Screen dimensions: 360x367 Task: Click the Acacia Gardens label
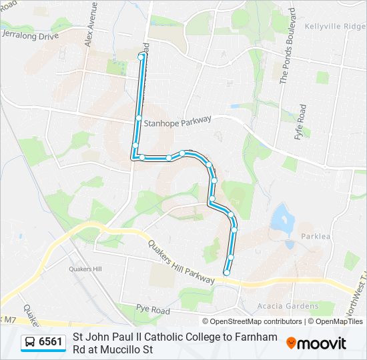coord(288,306)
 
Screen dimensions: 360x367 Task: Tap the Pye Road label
coord(153,311)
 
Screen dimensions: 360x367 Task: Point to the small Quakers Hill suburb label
coord(83,269)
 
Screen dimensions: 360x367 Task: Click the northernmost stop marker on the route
coord(141,57)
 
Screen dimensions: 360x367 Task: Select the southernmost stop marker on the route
coord(226,272)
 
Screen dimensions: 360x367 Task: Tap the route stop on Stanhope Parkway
coord(139,118)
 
